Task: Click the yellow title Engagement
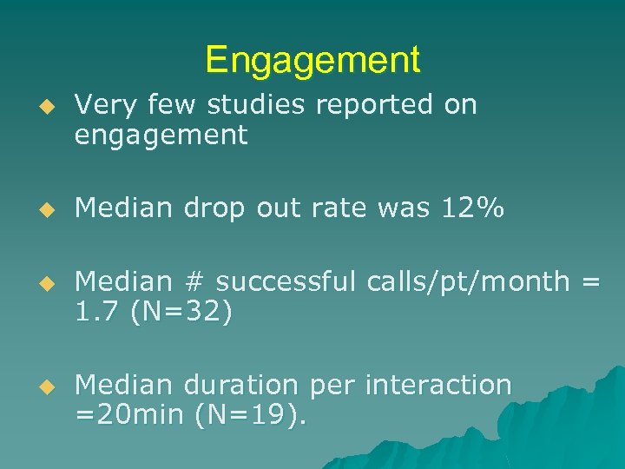pyautogui.click(x=312, y=60)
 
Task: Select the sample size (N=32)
pyautogui.click(x=181, y=312)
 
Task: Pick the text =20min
pyautogui.click(x=128, y=415)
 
